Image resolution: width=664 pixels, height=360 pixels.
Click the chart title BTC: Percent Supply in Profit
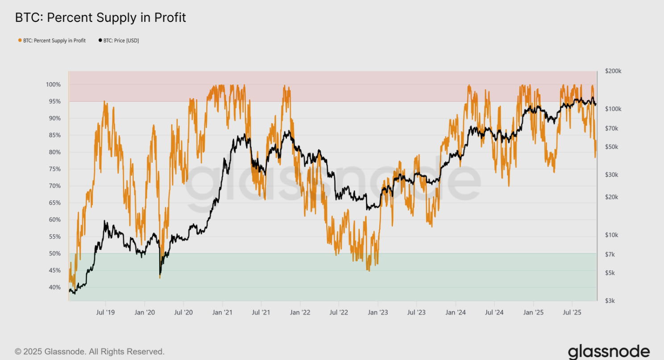pos(100,17)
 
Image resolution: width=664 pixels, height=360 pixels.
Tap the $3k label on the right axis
pos(610,301)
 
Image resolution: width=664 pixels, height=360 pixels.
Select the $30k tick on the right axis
pos(612,175)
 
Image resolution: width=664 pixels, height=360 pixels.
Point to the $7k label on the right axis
pos(610,254)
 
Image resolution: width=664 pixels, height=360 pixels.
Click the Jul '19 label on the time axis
pos(105,312)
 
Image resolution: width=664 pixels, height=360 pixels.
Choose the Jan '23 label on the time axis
pos(378,312)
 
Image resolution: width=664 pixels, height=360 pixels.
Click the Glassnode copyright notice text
pos(90,352)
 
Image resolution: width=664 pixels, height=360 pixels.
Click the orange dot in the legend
pos(20,41)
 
